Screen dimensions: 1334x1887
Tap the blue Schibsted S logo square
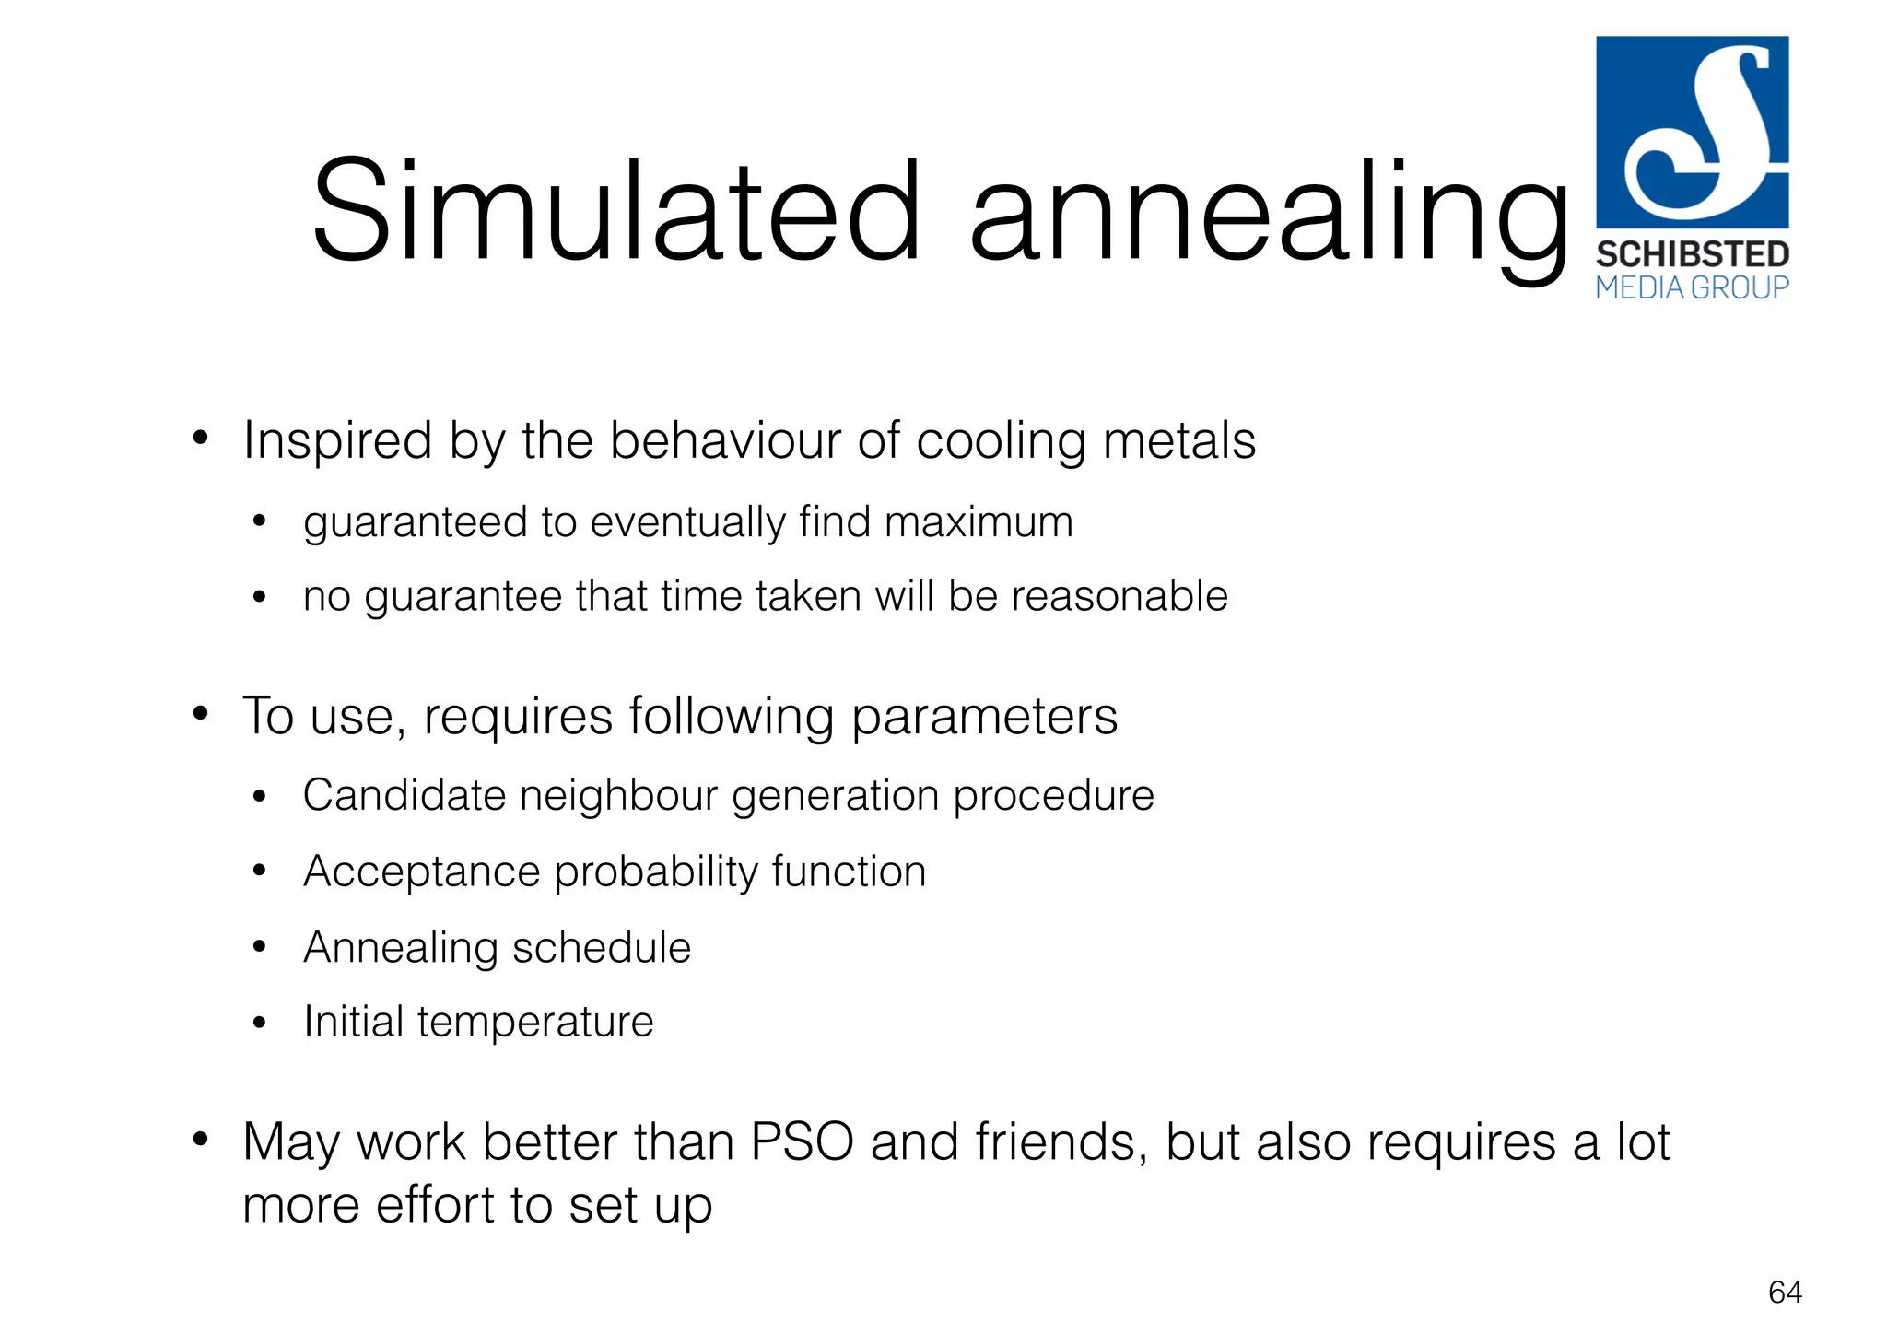pos(1692,132)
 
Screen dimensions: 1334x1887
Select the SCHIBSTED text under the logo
pos(1692,254)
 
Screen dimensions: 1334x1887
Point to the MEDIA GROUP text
pos(1692,288)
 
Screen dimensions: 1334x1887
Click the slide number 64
pos(1785,1293)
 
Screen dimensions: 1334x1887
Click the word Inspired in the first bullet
pos(337,440)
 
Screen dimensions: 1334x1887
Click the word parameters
pos(984,717)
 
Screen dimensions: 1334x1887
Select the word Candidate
pos(404,795)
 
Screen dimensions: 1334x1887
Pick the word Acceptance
pos(421,872)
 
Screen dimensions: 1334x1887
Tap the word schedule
pos(601,947)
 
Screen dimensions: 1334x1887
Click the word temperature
pos(535,1022)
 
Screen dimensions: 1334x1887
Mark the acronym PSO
pos(802,1141)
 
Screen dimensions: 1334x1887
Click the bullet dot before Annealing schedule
pos(260,947)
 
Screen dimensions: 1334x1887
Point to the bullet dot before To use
pos(201,714)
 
